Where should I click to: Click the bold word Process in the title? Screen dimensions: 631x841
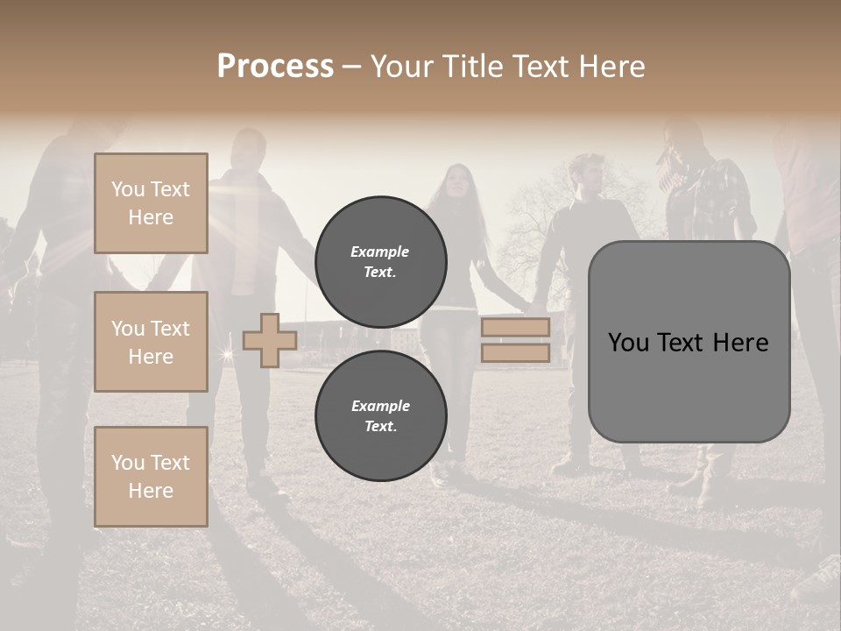[275, 66]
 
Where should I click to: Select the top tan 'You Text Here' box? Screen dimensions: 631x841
[151, 203]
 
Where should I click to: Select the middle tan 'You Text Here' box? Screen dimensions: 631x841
[151, 342]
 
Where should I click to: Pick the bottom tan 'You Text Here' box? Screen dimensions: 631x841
[151, 476]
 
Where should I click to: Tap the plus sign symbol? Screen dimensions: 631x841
[270, 341]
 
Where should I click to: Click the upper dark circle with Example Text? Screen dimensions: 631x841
[380, 261]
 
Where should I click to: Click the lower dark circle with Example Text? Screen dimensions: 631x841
[380, 415]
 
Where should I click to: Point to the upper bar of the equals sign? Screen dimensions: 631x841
[516, 328]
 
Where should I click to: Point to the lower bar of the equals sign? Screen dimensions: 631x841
[516, 353]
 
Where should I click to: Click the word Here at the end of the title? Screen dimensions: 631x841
[612, 66]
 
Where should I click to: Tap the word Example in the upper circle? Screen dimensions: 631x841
[380, 252]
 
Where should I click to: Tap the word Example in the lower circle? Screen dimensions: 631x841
[380, 406]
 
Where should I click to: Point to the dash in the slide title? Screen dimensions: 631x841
[352, 67]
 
